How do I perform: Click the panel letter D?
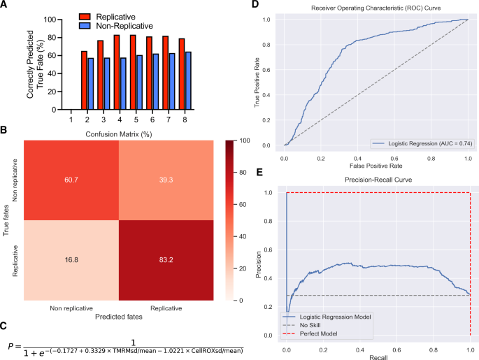coord(255,6)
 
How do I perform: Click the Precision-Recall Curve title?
coord(379,180)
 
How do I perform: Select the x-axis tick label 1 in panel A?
coord(71,119)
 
